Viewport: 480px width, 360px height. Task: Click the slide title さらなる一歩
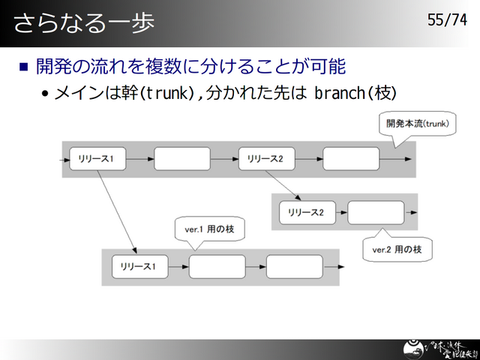(84, 22)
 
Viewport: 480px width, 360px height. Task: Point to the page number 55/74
(447, 20)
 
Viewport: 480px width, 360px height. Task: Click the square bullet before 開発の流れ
(23, 67)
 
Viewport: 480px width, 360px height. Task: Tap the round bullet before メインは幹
(46, 94)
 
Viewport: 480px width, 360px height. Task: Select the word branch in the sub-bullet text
(337, 93)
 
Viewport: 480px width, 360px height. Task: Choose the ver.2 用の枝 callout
(397, 248)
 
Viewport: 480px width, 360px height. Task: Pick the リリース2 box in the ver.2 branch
(306, 213)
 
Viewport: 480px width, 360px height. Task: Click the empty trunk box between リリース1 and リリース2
(182, 159)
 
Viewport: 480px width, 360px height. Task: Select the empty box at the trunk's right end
(351, 159)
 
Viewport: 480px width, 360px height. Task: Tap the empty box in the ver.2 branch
(376, 213)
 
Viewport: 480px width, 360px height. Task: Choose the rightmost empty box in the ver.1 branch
(295, 266)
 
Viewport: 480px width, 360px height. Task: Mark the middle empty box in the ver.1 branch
(217, 266)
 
